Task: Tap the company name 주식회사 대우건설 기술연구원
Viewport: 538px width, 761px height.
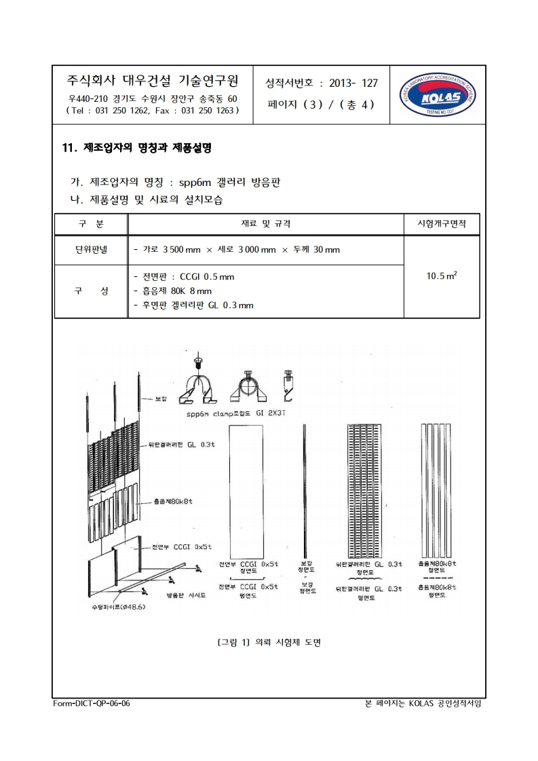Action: (x=152, y=81)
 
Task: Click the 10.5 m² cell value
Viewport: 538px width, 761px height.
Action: (x=441, y=276)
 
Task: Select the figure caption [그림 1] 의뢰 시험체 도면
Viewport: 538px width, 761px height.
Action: (x=269, y=642)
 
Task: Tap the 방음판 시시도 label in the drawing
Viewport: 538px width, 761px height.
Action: (x=186, y=594)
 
